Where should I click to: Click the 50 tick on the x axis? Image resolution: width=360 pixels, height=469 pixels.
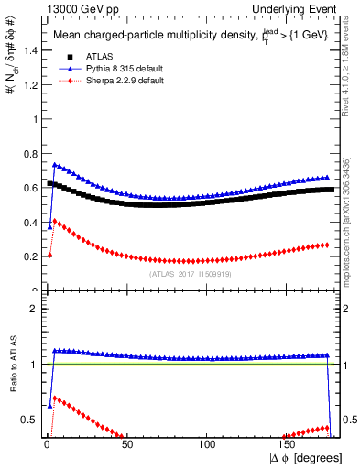pos(127,446)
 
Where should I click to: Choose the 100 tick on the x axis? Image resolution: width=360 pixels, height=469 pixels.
pos(208,446)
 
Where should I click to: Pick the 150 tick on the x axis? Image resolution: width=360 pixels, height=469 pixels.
pos(288,446)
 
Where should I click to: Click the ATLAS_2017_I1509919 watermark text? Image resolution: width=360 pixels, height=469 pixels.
pos(189,273)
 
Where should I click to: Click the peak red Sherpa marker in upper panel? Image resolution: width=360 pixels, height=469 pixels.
pos(54,221)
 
